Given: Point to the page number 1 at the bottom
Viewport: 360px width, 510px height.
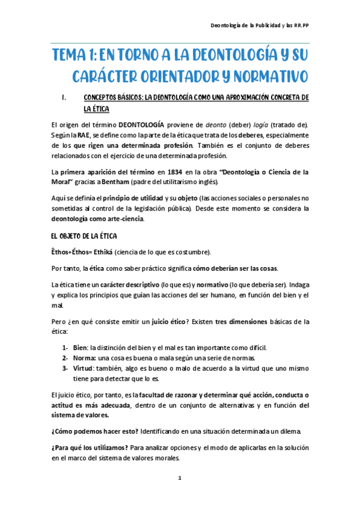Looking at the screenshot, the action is pos(180,478).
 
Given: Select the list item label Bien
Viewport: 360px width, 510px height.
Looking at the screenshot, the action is pos(79,347).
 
